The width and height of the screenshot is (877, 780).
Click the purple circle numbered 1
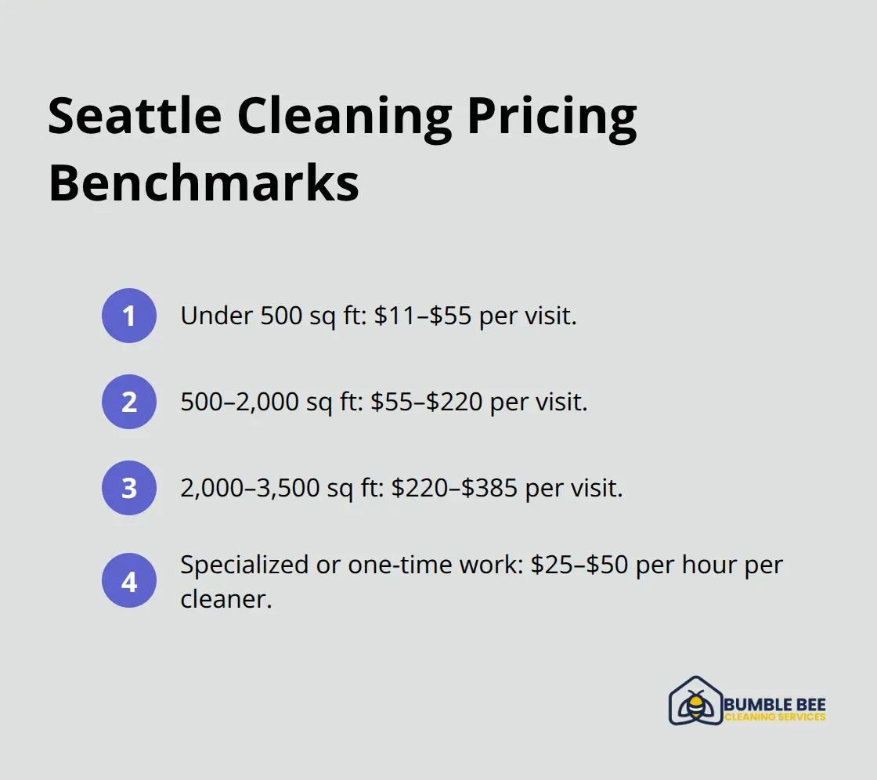coord(129,316)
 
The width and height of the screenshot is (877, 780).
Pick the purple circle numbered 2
coord(129,402)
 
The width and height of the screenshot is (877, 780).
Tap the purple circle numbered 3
coord(129,488)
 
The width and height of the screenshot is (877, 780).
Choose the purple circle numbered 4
coord(129,583)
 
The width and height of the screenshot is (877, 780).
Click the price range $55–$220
coord(428,402)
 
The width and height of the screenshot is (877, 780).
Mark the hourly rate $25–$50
coord(579,565)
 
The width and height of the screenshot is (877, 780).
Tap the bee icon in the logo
coord(694,703)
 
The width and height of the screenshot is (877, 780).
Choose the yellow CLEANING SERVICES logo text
coord(774,717)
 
